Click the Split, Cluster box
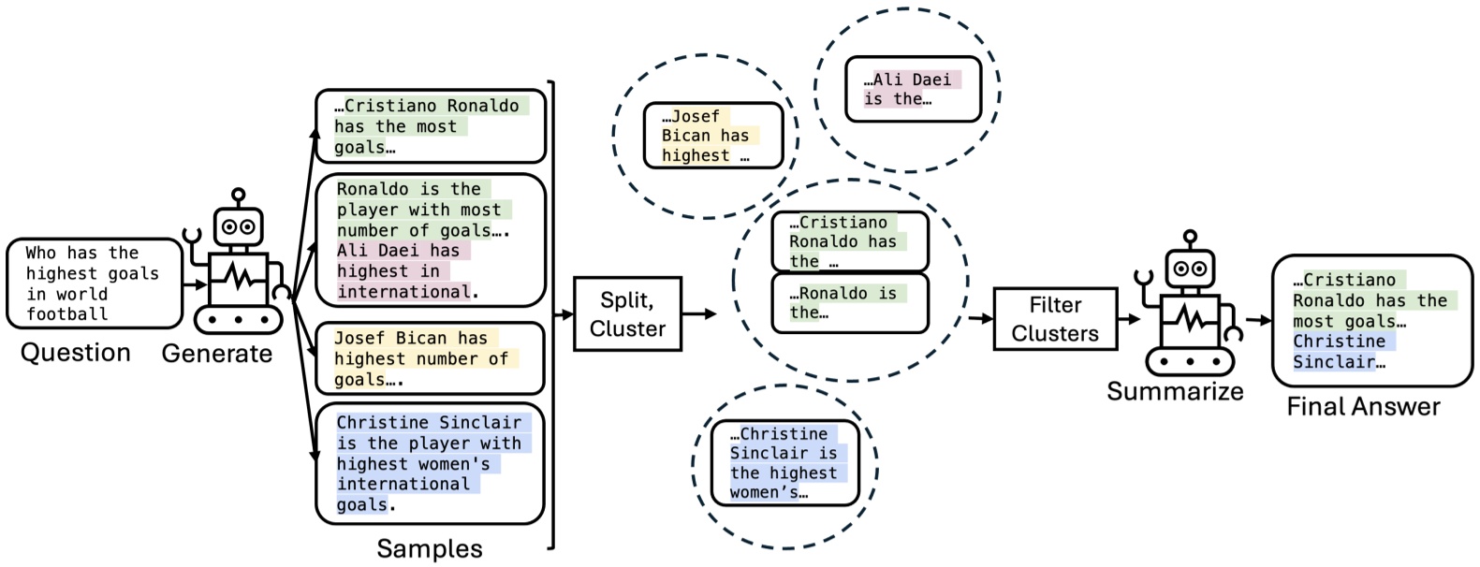626,314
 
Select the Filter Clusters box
1054,319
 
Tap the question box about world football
94,283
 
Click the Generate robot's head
238,225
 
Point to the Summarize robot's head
1189,269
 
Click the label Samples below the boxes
429,549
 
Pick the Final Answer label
1362,407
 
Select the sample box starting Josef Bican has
430,358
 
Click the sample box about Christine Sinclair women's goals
430,463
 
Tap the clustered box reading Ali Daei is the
913,89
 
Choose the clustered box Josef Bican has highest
712,136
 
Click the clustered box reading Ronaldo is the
849,303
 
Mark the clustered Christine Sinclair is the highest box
784,463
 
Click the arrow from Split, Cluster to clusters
698,314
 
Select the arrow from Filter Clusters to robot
1129,319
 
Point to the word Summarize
1174,392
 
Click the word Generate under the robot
216,354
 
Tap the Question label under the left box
75,353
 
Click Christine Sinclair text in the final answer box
1339,352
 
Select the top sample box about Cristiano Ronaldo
430,126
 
